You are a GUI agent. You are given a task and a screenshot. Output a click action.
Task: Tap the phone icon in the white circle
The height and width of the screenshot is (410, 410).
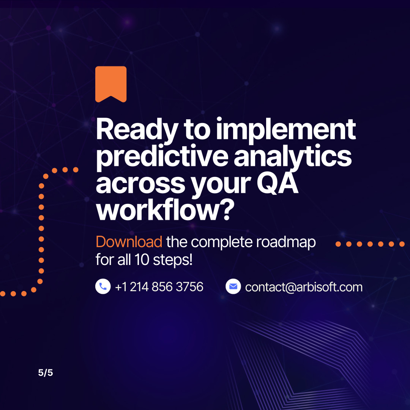[103, 286]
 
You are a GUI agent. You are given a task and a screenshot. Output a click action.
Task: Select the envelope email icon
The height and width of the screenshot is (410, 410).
[233, 286]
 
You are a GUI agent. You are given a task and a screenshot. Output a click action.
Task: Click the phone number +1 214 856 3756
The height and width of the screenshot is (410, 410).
[159, 287]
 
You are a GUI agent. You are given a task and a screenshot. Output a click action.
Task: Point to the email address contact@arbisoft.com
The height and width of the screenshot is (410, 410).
[304, 287]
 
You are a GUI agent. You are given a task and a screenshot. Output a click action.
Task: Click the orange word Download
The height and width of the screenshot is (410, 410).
[129, 241]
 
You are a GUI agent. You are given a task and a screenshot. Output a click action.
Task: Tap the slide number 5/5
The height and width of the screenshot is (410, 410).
[46, 373]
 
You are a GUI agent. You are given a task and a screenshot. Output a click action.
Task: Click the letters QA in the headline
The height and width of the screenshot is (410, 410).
[278, 183]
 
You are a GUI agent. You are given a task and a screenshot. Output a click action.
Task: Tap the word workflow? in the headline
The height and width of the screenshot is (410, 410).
[165, 210]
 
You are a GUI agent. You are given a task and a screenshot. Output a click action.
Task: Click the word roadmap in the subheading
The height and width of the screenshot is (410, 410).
[286, 242]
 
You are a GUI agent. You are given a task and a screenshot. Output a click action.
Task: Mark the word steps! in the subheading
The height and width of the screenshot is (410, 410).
[173, 260]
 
